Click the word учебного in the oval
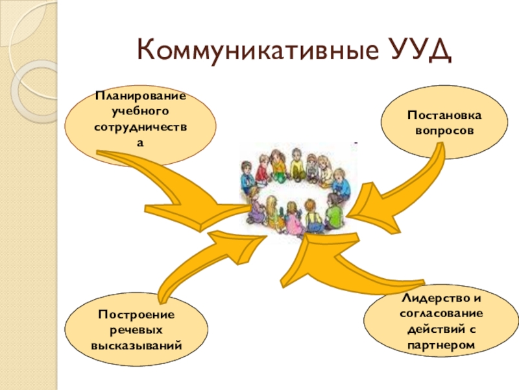[x=140, y=110]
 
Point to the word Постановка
[x=444, y=116]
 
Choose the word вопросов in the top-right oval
[x=444, y=130]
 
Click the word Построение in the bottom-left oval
[x=136, y=315]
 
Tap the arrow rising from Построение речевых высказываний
[x=195, y=260]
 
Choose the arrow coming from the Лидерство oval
[x=350, y=260]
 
